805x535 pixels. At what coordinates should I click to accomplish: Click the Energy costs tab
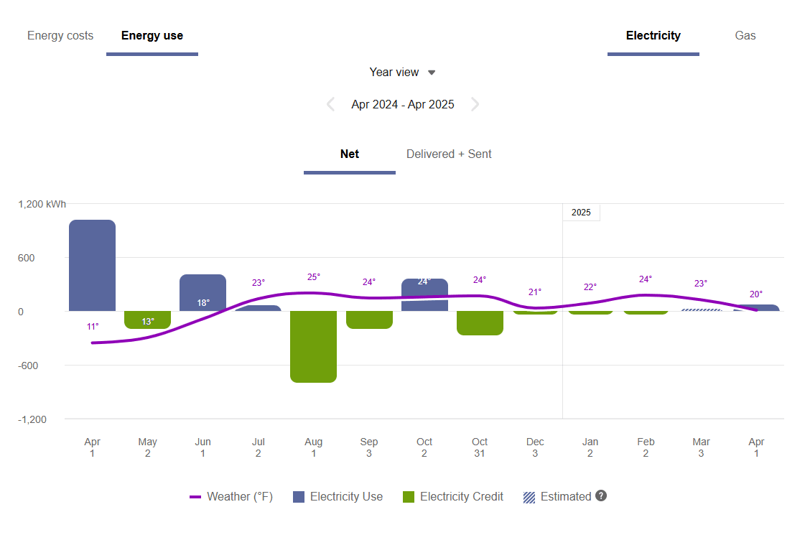pyautogui.click(x=60, y=36)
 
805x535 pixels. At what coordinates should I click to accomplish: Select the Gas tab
pyautogui.click(x=745, y=36)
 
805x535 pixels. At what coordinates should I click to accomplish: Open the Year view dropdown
pyautogui.click(x=402, y=73)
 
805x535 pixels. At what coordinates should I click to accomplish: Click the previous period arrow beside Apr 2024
pyautogui.click(x=330, y=105)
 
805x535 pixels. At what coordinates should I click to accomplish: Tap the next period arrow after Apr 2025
pyautogui.click(x=475, y=105)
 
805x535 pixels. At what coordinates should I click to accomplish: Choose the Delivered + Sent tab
pyautogui.click(x=449, y=154)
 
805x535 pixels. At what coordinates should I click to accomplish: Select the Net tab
pyautogui.click(x=350, y=154)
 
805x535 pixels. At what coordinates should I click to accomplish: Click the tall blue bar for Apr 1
pyautogui.click(x=92, y=266)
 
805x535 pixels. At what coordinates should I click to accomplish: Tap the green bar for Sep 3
pyautogui.click(x=369, y=320)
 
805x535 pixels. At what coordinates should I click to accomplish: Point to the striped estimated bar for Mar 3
pyautogui.click(x=701, y=310)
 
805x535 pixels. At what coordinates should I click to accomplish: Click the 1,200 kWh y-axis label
pyautogui.click(x=42, y=204)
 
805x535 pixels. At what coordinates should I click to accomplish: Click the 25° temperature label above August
pyautogui.click(x=314, y=277)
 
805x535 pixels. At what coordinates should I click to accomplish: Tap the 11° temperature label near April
pyautogui.click(x=93, y=327)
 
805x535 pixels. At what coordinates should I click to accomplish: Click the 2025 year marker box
pyautogui.click(x=581, y=213)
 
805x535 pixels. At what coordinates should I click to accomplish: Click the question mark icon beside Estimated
pyautogui.click(x=601, y=496)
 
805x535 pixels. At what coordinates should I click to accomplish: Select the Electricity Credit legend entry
pyautogui.click(x=453, y=497)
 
